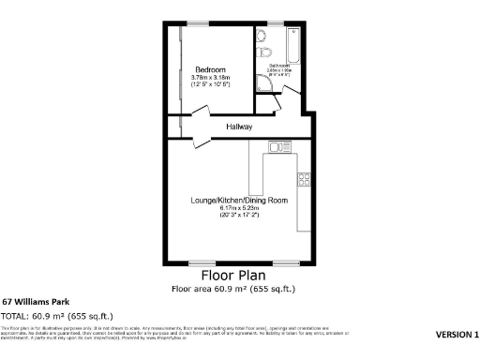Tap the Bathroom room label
click(279, 65)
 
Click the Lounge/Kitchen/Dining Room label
click(239, 201)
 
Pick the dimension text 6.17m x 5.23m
click(239, 208)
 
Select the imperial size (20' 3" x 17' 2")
click(239, 216)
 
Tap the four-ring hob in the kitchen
click(304, 178)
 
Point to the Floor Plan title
click(233, 276)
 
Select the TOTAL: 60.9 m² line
click(57, 316)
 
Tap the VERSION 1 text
click(457, 335)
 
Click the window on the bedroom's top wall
click(198, 23)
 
